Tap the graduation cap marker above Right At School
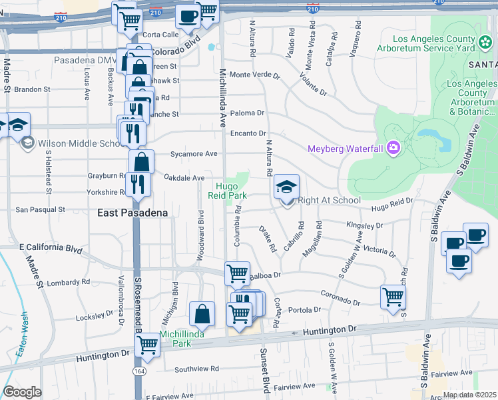point(286,186)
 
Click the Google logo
point(22,392)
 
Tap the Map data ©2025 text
point(469,395)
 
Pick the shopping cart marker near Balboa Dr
point(237,273)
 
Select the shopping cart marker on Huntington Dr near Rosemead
point(147,345)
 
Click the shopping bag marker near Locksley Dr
point(202,313)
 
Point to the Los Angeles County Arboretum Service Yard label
point(435,43)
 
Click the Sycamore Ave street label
point(194,153)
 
